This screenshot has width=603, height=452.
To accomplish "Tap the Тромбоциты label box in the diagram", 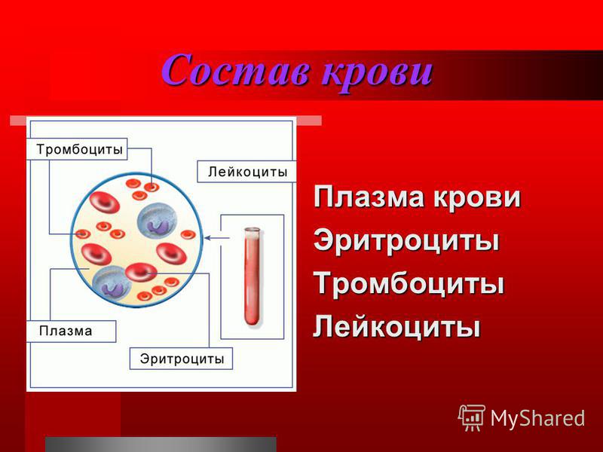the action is [77, 148].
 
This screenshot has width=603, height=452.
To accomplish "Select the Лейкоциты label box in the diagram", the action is [247, 172].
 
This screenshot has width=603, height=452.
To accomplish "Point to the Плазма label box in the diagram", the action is [71, 331].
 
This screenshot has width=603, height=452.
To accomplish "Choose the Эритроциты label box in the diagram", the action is [181, 359].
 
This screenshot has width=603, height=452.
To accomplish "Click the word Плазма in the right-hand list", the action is [370, 197].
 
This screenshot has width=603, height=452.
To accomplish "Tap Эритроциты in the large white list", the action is [406, 241].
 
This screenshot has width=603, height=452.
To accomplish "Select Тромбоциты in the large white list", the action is [409, 284].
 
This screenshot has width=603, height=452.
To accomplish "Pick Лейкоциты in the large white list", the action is [397, 327].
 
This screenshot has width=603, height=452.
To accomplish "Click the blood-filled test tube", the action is [253, 276].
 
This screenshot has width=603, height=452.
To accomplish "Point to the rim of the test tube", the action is [253, 231].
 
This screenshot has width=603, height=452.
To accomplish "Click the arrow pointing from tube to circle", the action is [216, 238].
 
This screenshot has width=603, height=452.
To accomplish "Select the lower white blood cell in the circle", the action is [112, 285].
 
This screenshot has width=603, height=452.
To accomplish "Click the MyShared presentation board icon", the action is [472, 417].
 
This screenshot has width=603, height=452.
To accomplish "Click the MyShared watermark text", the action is [537, 418].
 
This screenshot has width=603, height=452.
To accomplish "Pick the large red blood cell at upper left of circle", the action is [105, 202].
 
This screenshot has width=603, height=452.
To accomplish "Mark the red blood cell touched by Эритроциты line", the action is [141, 272].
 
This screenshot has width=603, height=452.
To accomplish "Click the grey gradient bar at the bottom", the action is [161, 444].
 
